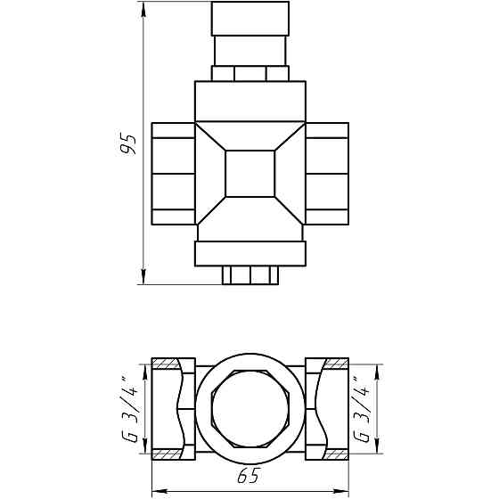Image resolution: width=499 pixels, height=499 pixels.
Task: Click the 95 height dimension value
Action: point(128,144)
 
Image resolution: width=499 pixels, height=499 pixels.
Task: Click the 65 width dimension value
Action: point(249,475)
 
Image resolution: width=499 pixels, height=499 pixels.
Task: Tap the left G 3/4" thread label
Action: point(130,410)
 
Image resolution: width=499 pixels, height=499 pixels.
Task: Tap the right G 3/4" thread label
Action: point(362,410)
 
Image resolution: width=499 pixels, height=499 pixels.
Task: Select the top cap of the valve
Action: point(250,19)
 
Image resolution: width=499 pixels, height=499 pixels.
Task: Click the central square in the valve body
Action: point(250,174)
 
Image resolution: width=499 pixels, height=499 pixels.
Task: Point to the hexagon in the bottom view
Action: point(250,409)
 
